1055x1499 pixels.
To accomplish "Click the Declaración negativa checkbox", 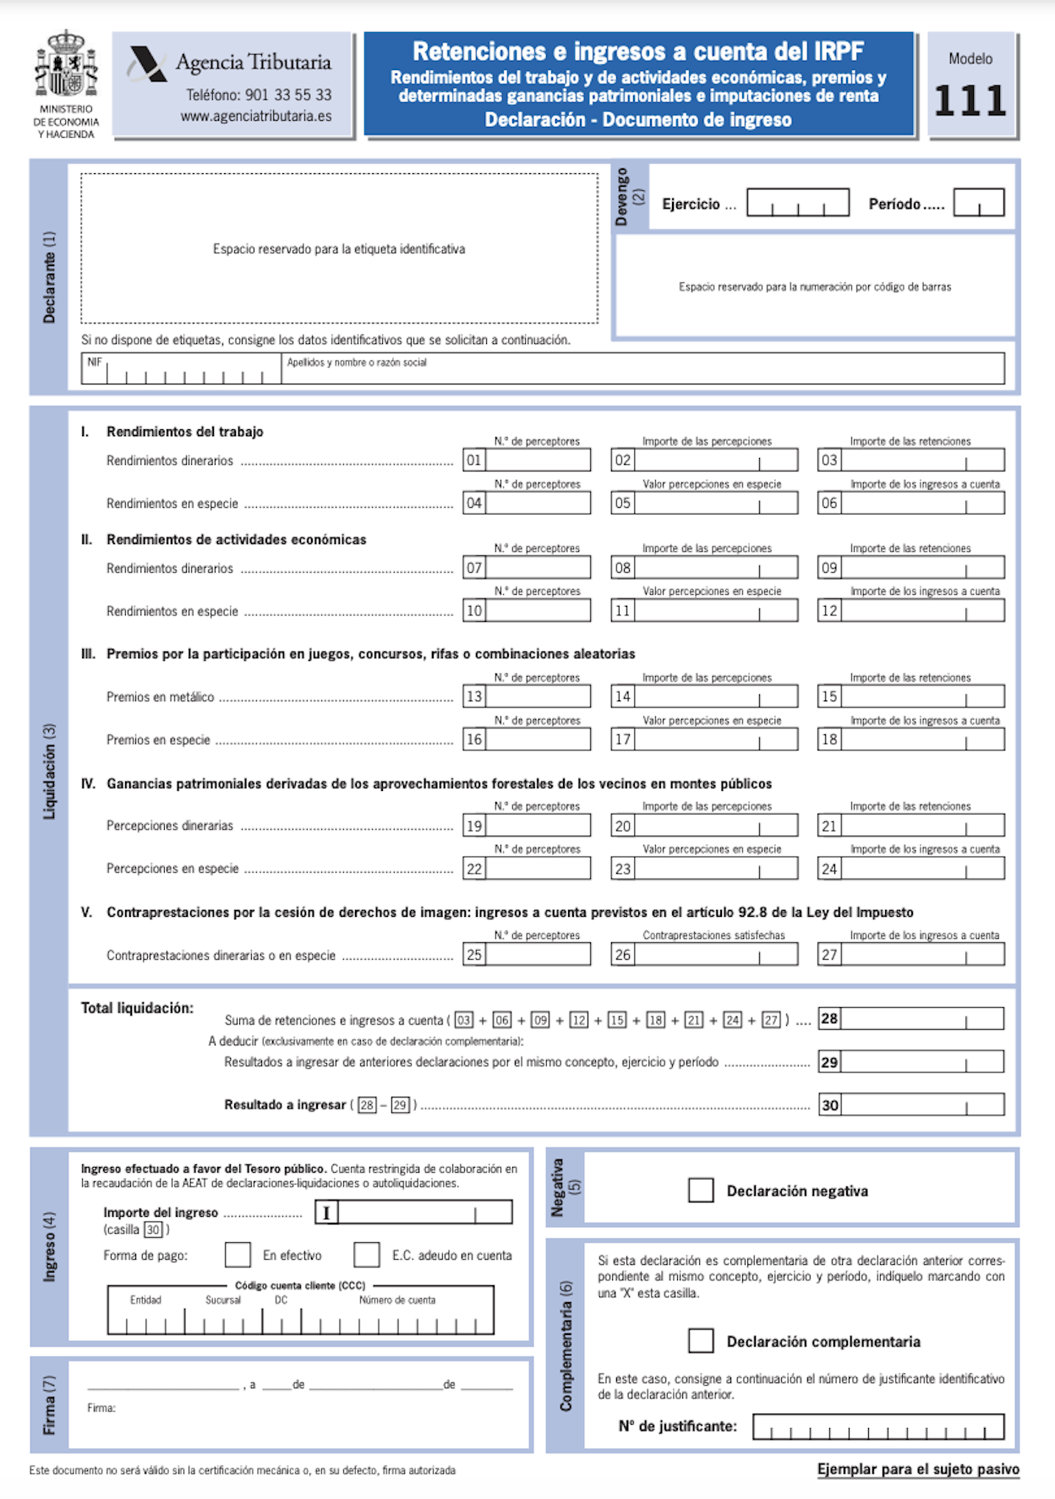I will pyautogui.click(x=701, y=1190).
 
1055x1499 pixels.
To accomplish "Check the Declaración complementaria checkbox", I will pyautogui.click(x=701, y=1340).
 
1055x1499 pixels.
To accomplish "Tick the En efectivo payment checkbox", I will pyautogui.click(x=238, y=1255).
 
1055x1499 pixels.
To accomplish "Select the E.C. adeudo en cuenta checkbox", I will pyautogui.click(x=367, y=1255).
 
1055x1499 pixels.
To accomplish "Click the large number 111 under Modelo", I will pyautogui.click(x=970, y=101).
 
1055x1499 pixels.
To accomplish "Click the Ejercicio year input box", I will pyautogui.click(x=798, y=203).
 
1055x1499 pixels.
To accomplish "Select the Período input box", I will pyautogui.click(x=979, y=203).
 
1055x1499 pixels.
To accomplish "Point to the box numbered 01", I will pyautogui.click(x=474, y=461).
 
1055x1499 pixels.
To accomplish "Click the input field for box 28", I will pyautogui.click(x=922, y=1018).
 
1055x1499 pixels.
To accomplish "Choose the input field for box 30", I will pyautogui.click(x=922, y=1104).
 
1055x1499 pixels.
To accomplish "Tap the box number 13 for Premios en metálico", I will pyautogui.click(x=474, y=696).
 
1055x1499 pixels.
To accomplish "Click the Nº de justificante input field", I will pyautogui.click(x=878, y=1426).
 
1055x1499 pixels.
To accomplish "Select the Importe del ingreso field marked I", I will pyautogui.click(x=414, y=1213).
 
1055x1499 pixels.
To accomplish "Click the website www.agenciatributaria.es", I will pyautogui.click(x=256, y=117).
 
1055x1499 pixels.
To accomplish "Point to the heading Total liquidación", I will pyautogui.click(x=137, y=1008).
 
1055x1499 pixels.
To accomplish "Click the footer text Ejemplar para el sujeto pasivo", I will pyautogui.click(x=918, y=1469).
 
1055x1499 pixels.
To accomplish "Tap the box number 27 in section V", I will pyautogui.click(x=829, y=955).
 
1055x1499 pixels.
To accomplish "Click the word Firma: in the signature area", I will pyautogui.click(x=101, y=1408).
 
